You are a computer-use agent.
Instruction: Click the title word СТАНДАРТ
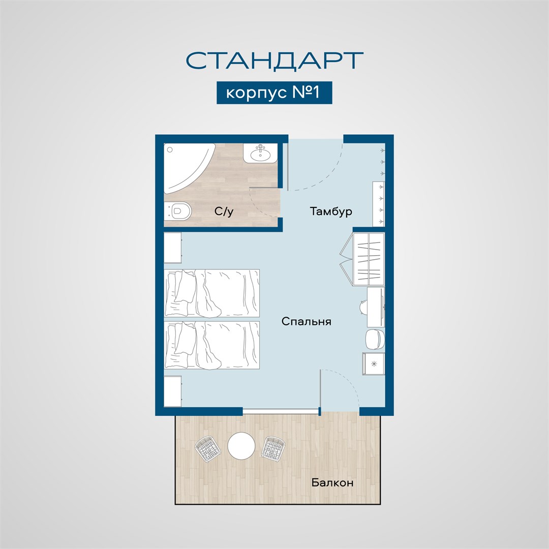tap(274, 60)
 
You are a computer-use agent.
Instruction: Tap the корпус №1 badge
tap(274, 93)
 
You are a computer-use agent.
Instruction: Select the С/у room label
tap(224, 211)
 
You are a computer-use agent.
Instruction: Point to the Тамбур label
tap(331, 211)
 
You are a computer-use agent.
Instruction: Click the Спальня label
tap(307, 321)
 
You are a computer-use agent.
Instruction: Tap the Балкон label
tap(332, 482)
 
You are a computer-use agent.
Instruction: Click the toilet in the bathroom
tap(178, 210)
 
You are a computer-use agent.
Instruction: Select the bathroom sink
tap(260, 153)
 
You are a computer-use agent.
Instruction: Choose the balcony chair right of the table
tap(273, 448)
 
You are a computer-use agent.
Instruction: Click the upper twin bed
tap(212, 293)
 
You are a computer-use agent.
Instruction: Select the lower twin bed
tap(212, 345)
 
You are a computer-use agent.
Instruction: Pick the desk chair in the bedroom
tap(363, 307)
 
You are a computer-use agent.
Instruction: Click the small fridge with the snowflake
tap(374, 363)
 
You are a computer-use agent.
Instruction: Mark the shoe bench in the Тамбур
tap(379, 203)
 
